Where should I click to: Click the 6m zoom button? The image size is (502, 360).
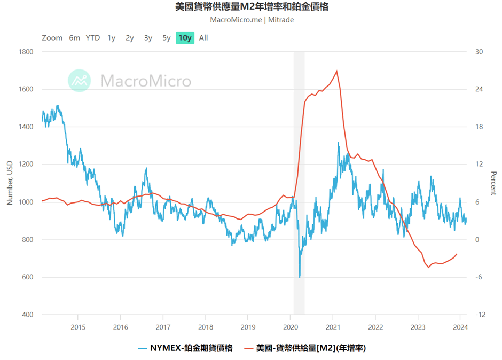(x=74, y=38)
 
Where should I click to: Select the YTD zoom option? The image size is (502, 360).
(x=93, y=38)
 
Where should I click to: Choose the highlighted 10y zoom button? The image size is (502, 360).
(x=185, y=38)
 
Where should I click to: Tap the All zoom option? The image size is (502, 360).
(x=203, y=38)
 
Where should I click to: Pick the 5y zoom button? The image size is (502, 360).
(x=167, y=38)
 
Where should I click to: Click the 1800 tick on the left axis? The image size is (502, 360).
(x=26, y=52)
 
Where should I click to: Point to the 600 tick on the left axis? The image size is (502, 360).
(x=27, y=277)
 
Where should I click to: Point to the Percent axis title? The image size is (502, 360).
(x=493, y=183)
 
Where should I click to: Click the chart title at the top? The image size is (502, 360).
(x=252, y=7)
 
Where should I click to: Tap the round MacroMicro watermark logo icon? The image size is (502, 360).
(x=79, y=81)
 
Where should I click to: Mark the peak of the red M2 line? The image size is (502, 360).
(x=336, y=71)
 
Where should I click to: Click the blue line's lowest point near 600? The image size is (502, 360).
(x=300, y=277)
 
